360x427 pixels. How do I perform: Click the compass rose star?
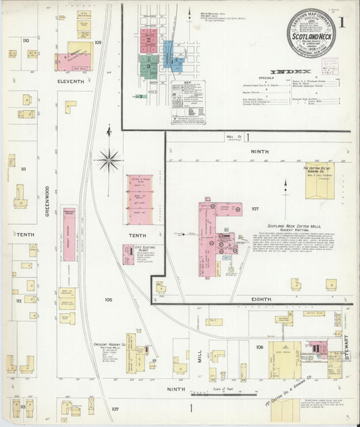click(108, 161)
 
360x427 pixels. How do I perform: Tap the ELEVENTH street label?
click(70, 82)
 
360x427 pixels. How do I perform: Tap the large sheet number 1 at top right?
click(342, 22)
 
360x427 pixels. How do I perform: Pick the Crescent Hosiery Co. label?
click(111, 345)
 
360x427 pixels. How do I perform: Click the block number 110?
click(26, 41)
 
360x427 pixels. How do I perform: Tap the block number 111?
click(24, 169)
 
